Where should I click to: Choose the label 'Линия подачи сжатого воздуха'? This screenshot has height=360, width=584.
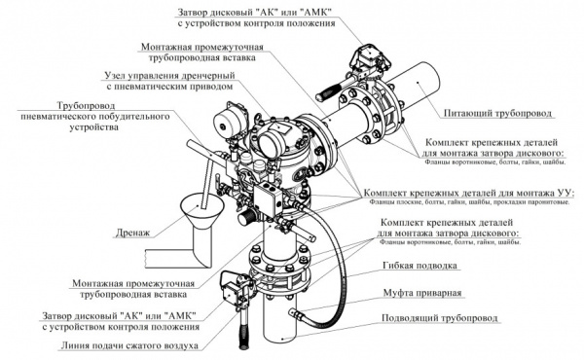[127, 344]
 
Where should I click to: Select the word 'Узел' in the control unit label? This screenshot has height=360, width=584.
[118, 74]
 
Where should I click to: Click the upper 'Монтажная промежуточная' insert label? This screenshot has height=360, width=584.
[200, 45]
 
